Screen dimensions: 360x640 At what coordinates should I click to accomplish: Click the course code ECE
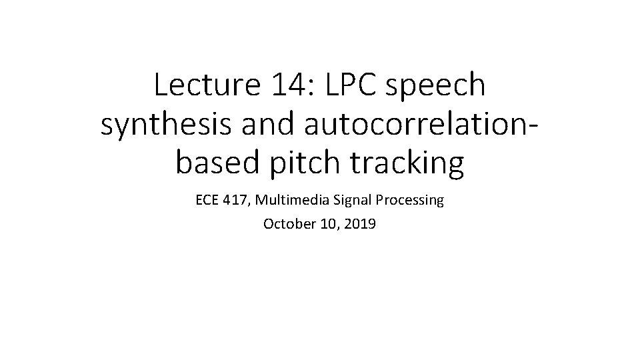208,200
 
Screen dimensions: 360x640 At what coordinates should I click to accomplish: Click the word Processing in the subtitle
413,201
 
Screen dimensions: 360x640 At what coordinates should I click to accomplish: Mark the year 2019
361,224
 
